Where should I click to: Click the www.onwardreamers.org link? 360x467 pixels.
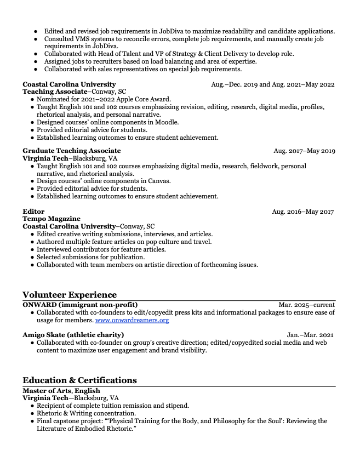pos(132,320)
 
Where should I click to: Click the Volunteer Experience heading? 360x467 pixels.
pos(70,295)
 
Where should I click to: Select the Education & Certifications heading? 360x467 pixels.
pos(79,380)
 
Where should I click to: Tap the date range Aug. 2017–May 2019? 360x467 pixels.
pos(304,151)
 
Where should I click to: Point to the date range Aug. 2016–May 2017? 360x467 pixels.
pos(303,212)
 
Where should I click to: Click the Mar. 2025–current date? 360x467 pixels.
pos(307,305)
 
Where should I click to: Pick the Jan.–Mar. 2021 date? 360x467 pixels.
pos(310,335)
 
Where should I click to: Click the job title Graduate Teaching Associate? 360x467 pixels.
pos(72,151)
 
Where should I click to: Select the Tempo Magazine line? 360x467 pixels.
pos(52,219)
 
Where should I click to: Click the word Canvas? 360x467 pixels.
pos(159,181)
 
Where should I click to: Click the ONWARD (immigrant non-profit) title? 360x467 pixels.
pos(80,305)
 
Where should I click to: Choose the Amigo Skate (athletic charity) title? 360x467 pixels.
pos(73,335)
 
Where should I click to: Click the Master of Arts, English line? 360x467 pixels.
pos(61,390)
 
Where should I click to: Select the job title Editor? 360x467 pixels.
pos(33,212)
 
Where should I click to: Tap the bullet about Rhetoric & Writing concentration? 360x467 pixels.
pos(86,413)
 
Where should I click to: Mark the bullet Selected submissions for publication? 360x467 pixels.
pos(90,257)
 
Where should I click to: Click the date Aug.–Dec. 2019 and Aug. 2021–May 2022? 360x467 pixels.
pos(273,84)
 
